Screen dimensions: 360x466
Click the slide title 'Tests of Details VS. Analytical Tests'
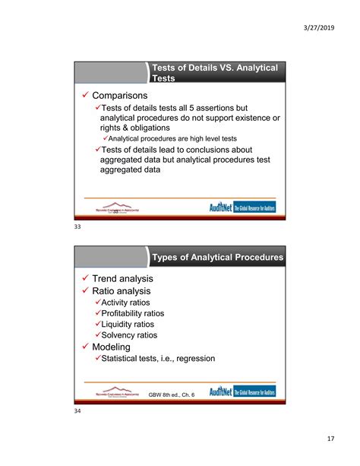tap(215, 73)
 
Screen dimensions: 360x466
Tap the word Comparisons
tap(125, 97)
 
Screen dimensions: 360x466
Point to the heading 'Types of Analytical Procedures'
tap(218, 258)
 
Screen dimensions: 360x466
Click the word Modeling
tap(114, 347)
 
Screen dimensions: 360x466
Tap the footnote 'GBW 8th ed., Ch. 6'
tap(172, 394)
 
